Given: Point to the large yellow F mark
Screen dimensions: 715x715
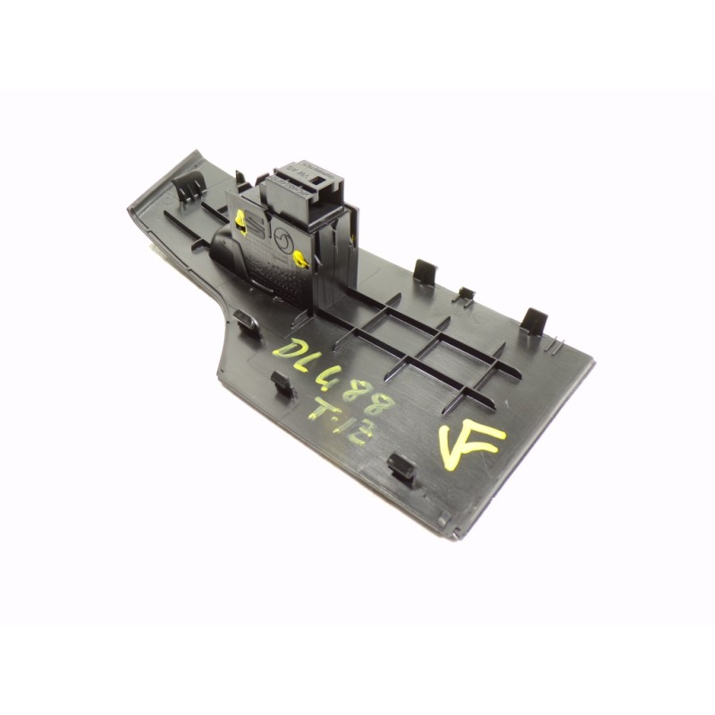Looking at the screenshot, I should click(x=470, y=443).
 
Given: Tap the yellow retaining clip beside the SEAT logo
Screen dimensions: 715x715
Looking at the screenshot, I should click(x=240, y=218).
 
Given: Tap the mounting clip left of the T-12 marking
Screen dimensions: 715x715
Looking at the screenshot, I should click(x=282, y=384).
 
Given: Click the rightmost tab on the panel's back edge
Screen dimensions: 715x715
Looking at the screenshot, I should click(x=534, y=319).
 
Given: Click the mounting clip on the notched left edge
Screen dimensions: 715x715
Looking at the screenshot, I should click(x=248, y=321).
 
